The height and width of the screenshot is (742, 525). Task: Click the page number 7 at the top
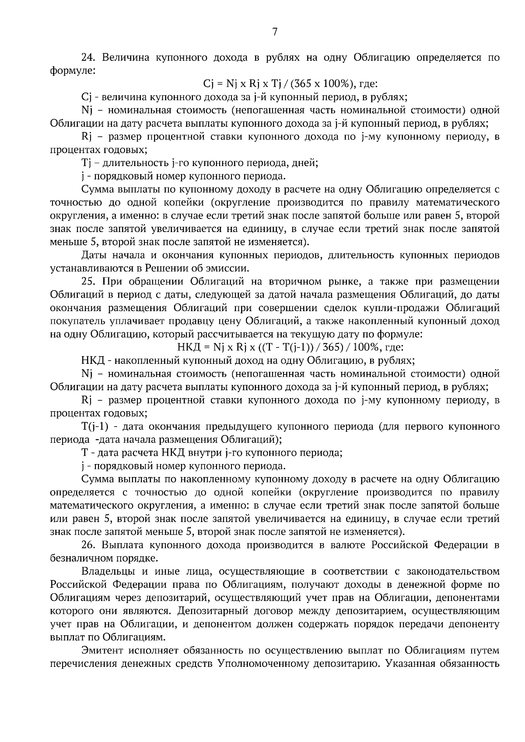tap(274, 31)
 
